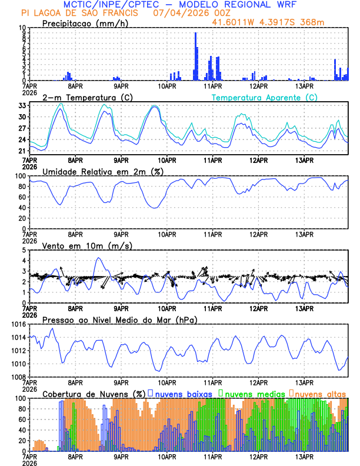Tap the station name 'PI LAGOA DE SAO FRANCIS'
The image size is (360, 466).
[x=79, y=13]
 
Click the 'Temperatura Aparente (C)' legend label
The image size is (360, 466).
[x=265, y=97]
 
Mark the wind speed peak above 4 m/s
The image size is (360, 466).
[x=99, y=258]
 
